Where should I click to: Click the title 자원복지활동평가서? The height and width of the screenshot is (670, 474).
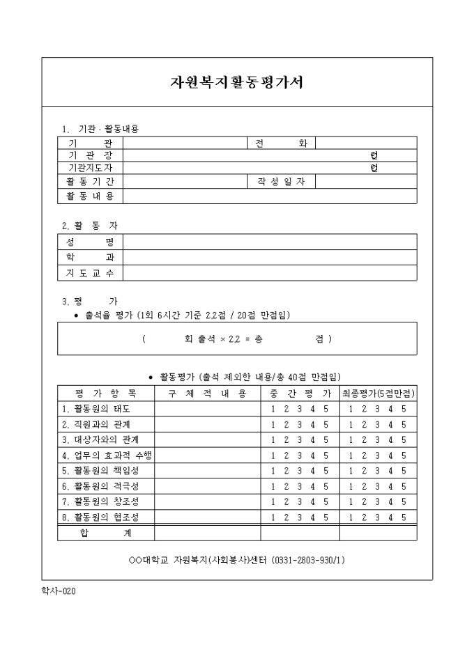(236, 82)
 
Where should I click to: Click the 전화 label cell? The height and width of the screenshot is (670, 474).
(281, 143)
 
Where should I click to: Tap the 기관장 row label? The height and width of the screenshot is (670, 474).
(91, 156)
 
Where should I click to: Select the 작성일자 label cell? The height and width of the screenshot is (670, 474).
(281, 182)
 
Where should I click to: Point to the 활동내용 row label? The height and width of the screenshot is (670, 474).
(91, 196)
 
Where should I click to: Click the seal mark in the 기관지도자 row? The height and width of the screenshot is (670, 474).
(374, 169)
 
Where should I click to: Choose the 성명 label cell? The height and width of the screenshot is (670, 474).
(91, 242)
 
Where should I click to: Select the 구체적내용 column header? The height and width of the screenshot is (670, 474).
(208, 394)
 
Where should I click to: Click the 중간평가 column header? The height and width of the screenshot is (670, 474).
(300, 394)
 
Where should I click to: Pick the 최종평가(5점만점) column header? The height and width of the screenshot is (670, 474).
(379, 394)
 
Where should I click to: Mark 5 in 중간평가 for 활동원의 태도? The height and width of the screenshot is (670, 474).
(326, 409)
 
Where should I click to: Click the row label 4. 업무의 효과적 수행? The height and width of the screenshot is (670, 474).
(106, 455)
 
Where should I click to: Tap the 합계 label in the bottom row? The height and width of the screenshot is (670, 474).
(106, 533)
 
